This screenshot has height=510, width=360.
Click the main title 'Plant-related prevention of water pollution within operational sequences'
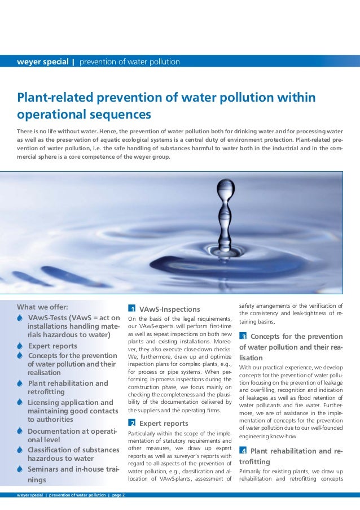pos(166,106)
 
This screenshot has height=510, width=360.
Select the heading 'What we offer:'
pos(42,307)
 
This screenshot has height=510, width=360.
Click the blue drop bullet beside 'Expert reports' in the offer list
pos(20,346)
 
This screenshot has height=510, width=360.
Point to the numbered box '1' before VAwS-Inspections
pos(131,309)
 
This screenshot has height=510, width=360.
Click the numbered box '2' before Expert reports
pos(131,423)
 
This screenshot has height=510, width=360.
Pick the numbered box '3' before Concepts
pos(243,337)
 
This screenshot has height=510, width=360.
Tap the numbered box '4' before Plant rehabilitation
pos(243,451)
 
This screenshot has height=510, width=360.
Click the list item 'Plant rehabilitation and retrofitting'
pos(68,387)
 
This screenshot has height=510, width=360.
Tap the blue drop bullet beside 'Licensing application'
pos(20,403)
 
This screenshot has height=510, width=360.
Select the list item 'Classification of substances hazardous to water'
pos(73,454)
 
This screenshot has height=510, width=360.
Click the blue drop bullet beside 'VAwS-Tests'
pos(20,317)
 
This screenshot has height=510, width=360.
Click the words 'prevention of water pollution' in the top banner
pos(129,62)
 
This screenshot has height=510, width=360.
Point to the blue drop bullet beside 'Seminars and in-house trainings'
pos(20,469)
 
